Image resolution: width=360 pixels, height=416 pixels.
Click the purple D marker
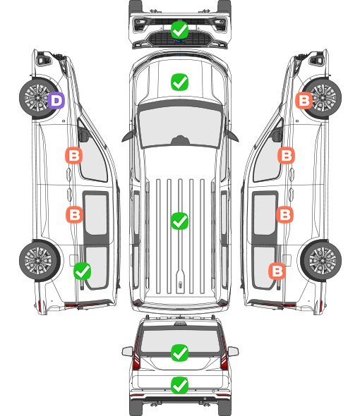[56, 100]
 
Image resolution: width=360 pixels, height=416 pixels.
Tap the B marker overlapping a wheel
[304, 100]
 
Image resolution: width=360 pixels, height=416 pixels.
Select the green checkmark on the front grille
[179, 30]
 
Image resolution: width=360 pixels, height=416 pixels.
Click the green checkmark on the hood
[179, 82]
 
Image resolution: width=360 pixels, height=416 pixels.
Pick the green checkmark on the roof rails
[179, 221]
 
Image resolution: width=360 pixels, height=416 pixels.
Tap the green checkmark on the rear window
[179, 353]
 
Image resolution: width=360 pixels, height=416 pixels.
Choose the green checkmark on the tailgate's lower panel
[179, 385]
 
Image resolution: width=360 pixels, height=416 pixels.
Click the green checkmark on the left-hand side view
[82, 271]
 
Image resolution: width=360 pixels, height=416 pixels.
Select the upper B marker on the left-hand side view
[74, 155]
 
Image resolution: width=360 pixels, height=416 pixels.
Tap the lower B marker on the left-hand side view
[74, 214]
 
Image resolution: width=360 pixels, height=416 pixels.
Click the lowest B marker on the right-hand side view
[277, 271]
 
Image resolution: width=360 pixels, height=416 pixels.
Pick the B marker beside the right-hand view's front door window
[286, 155]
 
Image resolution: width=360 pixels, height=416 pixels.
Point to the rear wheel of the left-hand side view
[40, 260]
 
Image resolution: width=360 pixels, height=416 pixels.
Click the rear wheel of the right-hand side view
[321, 260]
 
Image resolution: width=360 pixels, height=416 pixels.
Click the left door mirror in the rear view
[127, 351]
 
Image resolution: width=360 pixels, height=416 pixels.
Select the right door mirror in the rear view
[233, 351]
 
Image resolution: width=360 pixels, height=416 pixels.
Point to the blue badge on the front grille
[179, 41]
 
